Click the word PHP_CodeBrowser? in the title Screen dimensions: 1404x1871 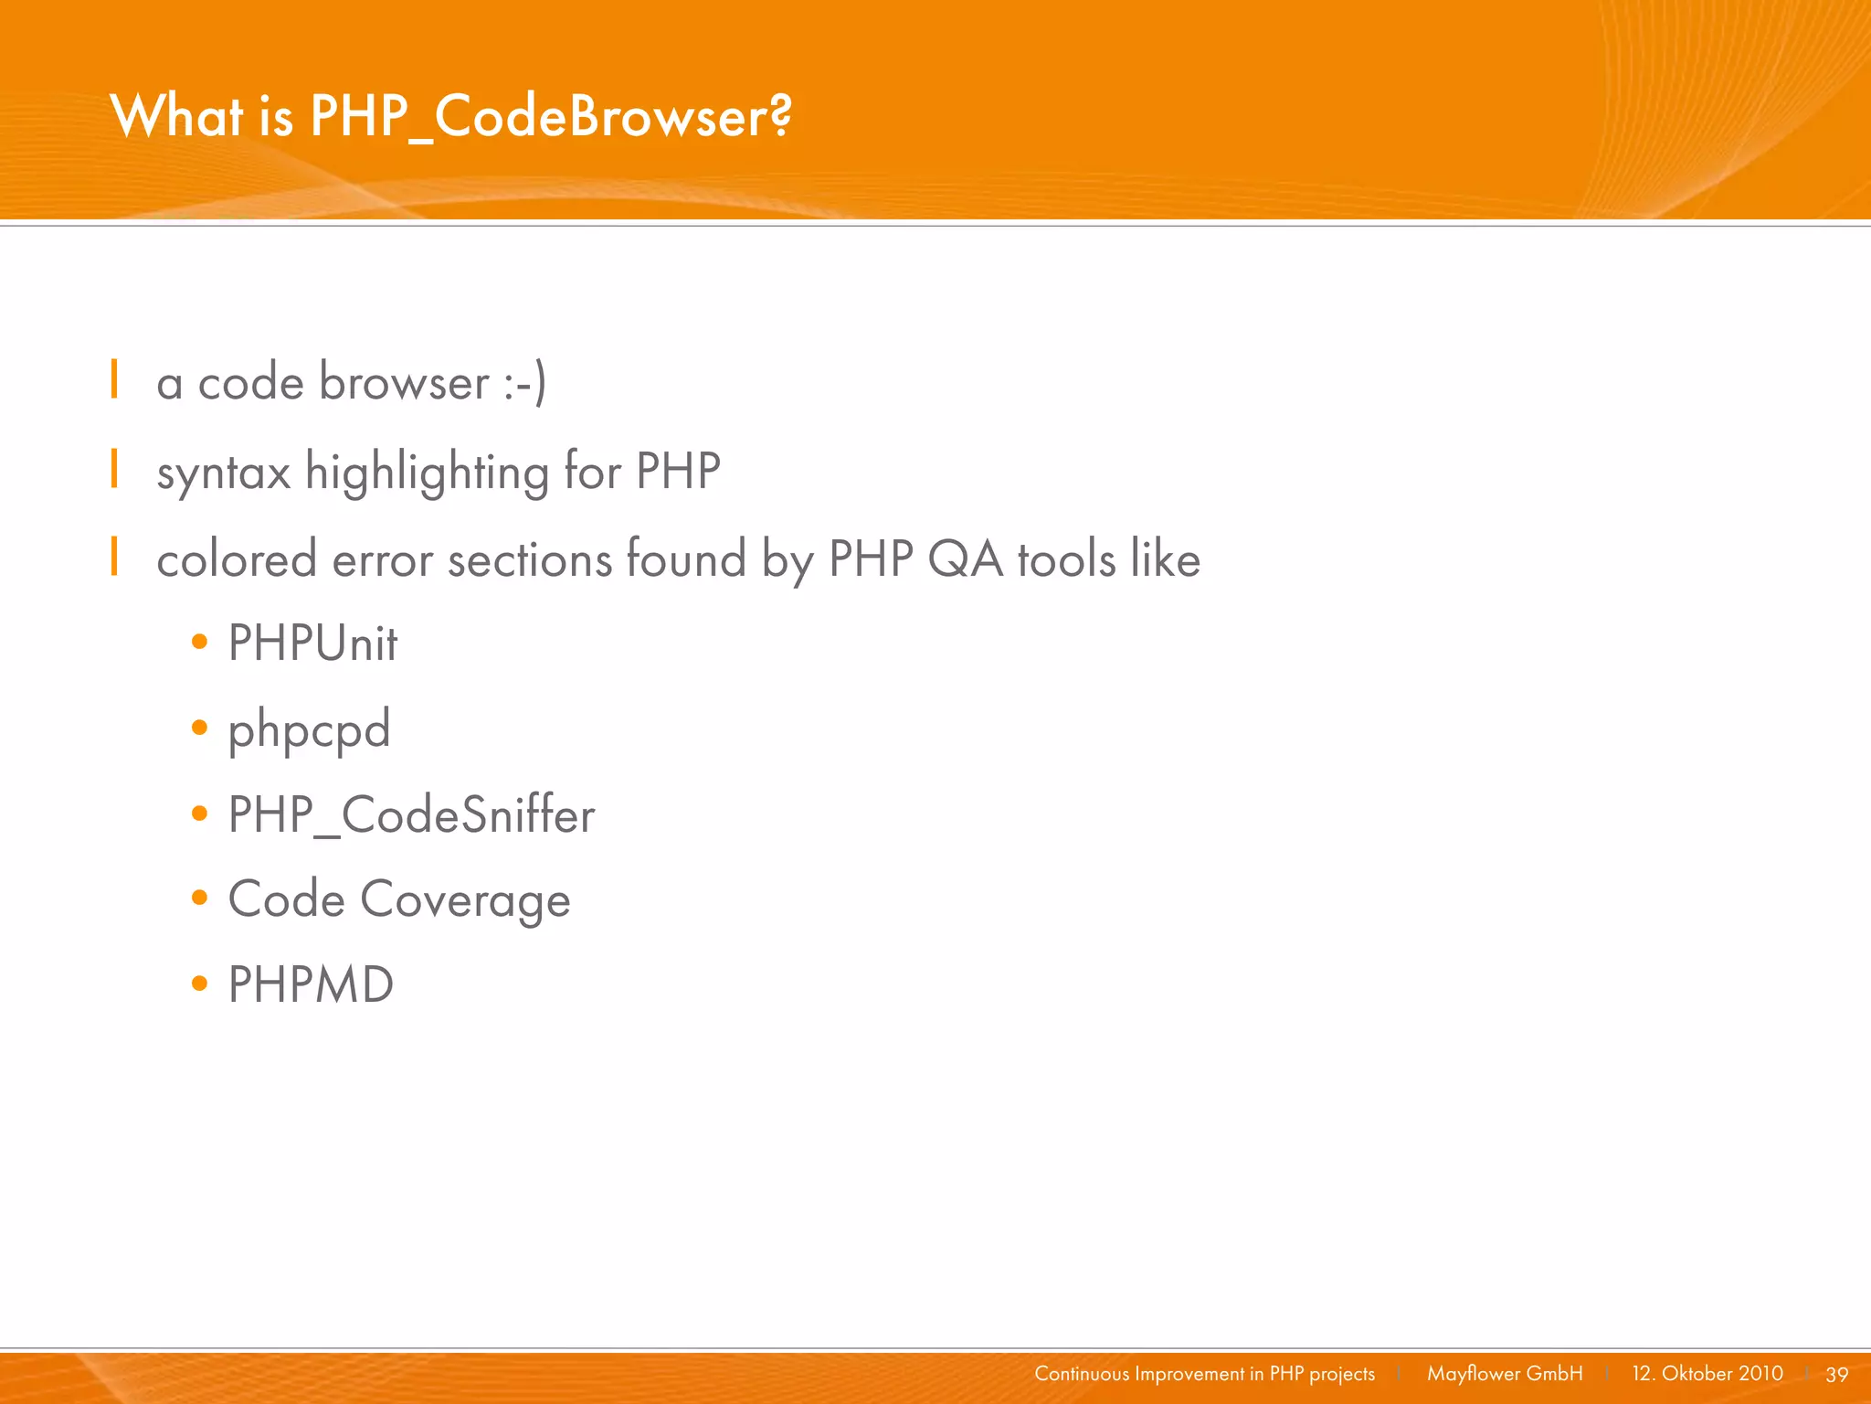551,117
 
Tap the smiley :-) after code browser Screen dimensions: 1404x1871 524,383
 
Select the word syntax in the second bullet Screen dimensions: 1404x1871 224,473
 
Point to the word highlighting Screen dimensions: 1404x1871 427,473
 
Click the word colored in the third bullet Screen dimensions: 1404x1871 237,559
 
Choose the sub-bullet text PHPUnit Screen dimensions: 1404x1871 312,643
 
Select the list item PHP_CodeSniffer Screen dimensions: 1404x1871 411,814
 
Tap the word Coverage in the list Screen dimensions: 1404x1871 465,900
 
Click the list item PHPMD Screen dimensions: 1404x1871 311,984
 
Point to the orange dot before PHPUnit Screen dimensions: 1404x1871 200,643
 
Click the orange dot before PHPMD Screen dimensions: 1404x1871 200,984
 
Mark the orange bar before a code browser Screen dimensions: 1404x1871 114,379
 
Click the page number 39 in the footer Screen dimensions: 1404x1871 1836,1374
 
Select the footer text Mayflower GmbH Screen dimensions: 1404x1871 1505,1374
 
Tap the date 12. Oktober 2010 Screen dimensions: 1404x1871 1707,1374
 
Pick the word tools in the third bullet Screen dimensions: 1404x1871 1066,559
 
